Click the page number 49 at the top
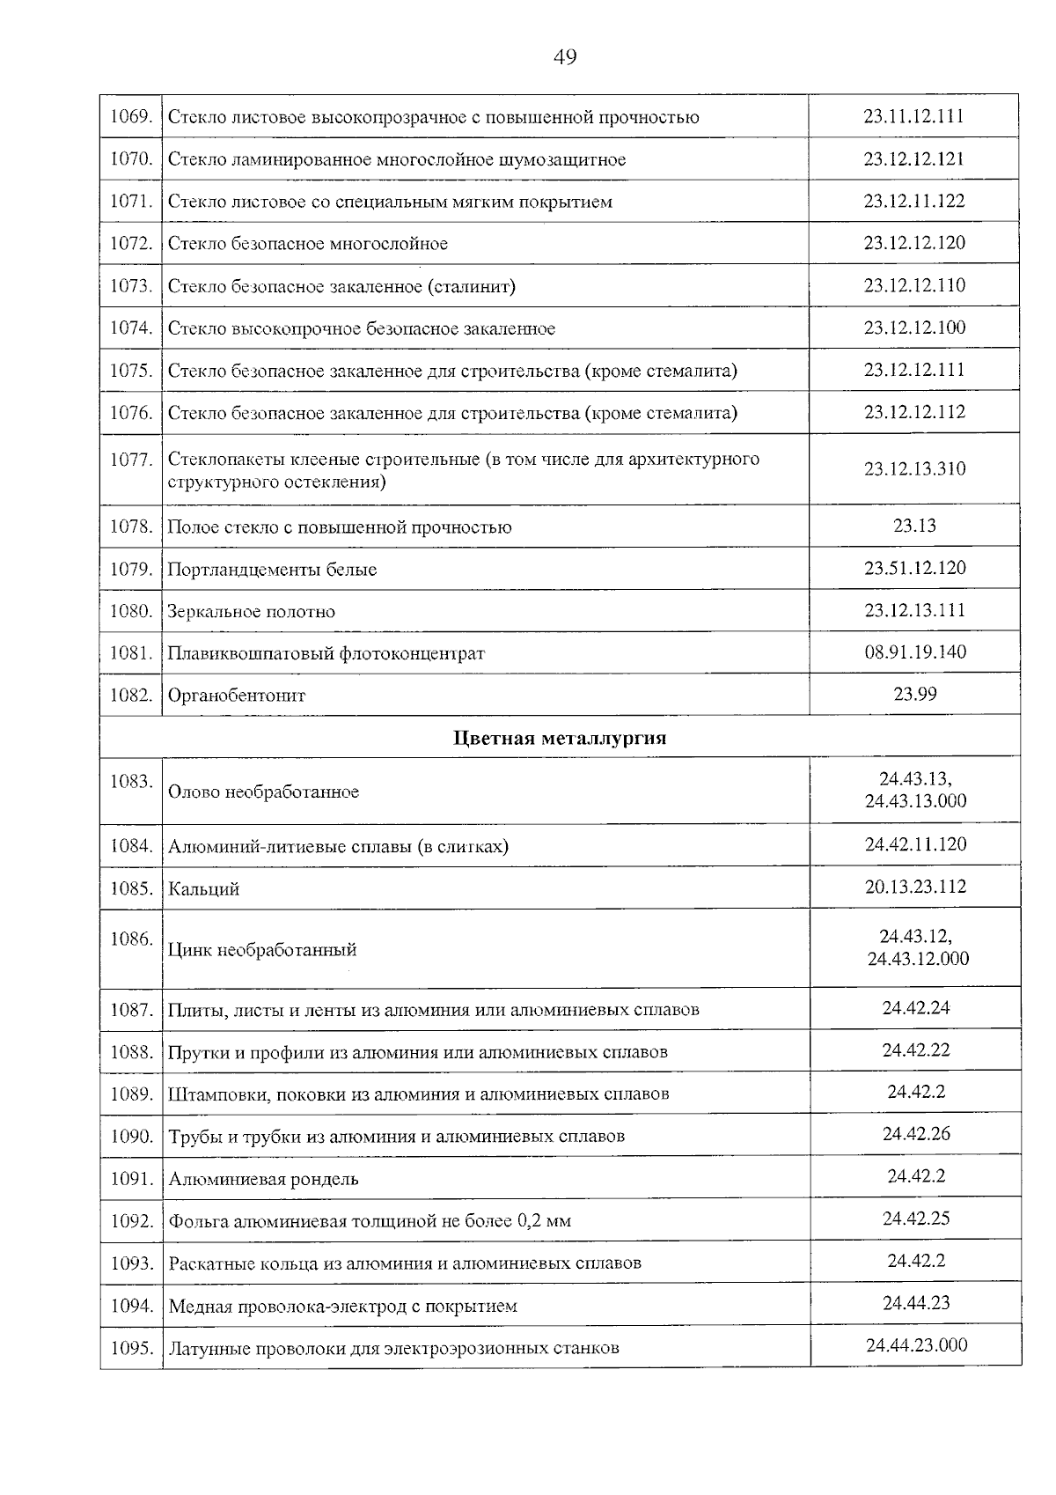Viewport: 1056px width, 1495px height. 565,57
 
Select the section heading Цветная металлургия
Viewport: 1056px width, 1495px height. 560,738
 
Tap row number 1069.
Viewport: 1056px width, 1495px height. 131,117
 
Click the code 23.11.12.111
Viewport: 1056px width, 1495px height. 913,116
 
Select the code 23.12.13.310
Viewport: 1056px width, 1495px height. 914,468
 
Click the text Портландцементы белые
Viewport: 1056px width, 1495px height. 272,570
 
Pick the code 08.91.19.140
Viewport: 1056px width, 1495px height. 914,652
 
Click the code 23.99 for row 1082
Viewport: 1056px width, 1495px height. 915,694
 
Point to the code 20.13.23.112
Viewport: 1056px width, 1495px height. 915,887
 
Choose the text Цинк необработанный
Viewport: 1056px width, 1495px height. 262,950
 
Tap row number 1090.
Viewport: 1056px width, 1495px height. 131,1137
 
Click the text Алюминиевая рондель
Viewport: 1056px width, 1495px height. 263,1179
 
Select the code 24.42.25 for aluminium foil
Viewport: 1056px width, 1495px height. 916,1219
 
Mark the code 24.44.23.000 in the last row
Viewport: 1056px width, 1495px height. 916,1345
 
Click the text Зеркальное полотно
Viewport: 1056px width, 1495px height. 251,612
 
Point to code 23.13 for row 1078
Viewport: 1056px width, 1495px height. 914,526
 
